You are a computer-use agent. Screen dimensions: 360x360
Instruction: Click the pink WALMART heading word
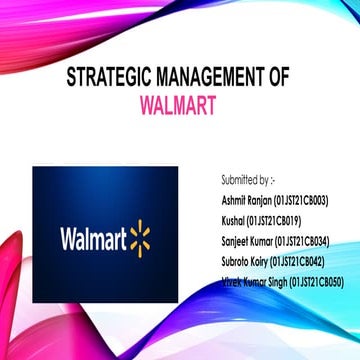tap(180, 105)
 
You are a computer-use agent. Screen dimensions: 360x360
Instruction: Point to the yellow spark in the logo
tap(138, 239)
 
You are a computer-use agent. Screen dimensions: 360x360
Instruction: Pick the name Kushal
tap(234, 221)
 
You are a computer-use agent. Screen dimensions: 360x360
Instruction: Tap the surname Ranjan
tap(260, 201)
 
